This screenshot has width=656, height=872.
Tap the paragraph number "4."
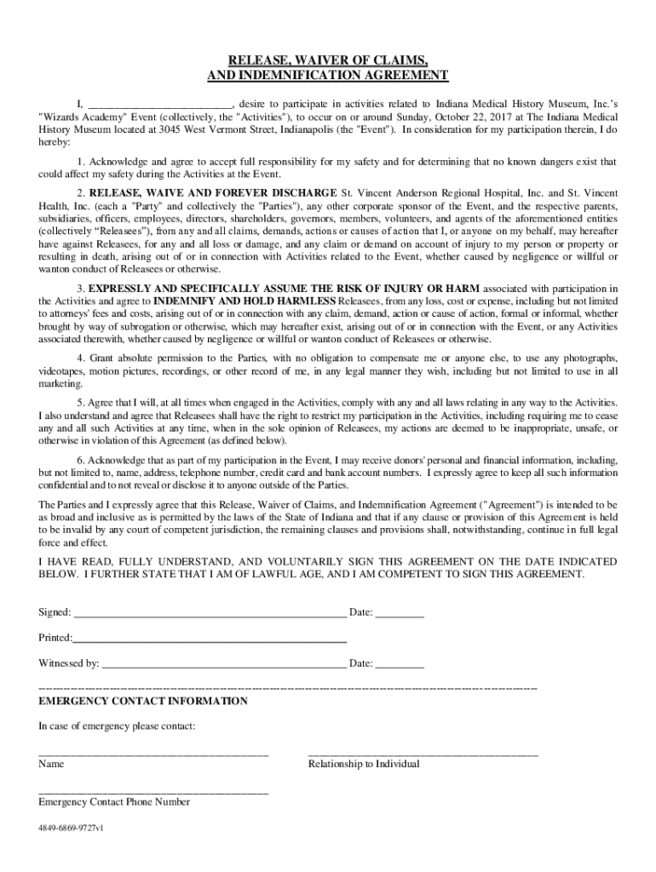tap(81, 359)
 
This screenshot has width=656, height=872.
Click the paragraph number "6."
tap(81, 460)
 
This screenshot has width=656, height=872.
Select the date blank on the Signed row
tap(400, 613)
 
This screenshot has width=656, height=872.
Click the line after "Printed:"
tap(210, 639)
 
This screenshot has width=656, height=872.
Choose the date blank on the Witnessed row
tap(400, 664)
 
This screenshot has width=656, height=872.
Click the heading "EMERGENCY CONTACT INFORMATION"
tap(143, 702)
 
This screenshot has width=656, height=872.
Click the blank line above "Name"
tap(153, 754)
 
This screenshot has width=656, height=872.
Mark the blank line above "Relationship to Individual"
tap(423, 754)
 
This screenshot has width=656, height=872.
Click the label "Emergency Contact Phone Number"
tap(114, 802)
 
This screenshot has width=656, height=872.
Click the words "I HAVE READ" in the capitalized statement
tap(71, 562)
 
